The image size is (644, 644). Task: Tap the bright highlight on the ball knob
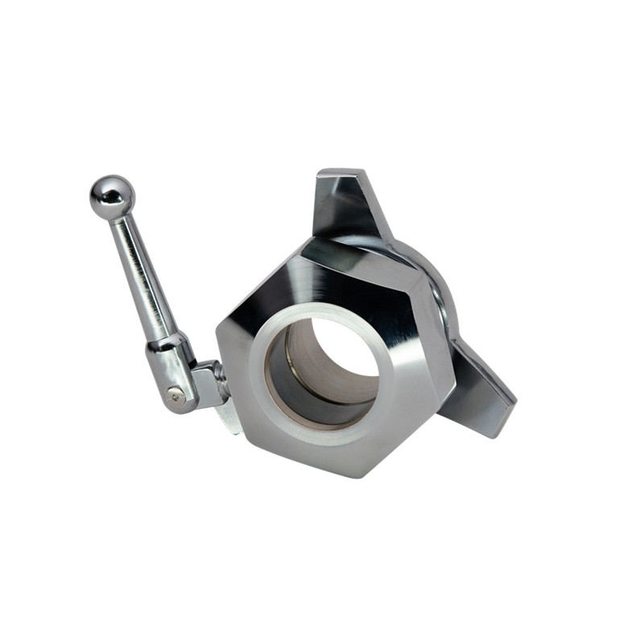point(105,190)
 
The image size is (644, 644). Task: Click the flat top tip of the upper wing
point(338,174)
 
